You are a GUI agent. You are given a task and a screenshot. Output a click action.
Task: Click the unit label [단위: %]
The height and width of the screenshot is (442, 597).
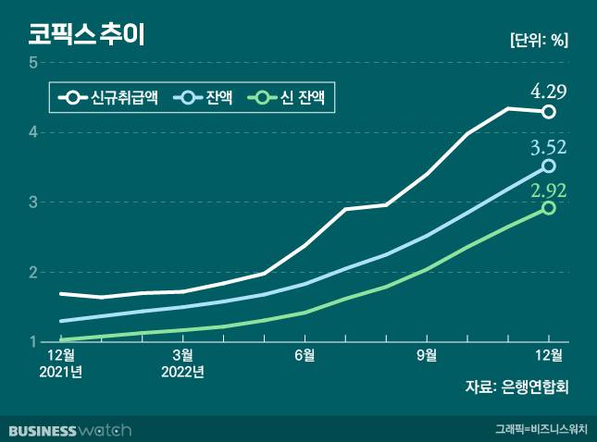click(539, 40)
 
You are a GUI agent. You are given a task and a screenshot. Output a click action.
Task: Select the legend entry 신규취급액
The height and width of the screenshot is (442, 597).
click(110, 96)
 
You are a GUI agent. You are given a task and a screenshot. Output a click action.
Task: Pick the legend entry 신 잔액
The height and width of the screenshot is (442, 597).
click(295, 96)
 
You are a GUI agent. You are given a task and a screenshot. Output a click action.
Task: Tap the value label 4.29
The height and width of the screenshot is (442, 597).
click(548, 91)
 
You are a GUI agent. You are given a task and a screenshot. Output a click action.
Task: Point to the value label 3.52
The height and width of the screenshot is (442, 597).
click(548, 147)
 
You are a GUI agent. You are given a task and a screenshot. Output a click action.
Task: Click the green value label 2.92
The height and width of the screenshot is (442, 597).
click(548, 190)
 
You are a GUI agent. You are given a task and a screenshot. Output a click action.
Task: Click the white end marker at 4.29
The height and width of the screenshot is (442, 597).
click(549, 112)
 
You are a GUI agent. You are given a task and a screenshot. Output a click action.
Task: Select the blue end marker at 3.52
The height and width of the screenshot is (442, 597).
click(549, 166)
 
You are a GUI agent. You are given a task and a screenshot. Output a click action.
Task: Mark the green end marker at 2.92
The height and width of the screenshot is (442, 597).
click(549, 208)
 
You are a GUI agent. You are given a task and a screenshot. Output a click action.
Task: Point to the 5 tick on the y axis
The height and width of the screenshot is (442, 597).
click(32, 63)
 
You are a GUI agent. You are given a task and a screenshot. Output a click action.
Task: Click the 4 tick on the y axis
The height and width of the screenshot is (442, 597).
click(32, 132)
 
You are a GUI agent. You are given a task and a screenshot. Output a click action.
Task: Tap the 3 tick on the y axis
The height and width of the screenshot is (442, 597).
click(32, 203)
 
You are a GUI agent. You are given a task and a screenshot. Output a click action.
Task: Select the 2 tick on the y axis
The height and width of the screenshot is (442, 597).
click(32, 273)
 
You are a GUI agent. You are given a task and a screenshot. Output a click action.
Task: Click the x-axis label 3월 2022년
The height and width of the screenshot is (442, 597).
click(182, 362)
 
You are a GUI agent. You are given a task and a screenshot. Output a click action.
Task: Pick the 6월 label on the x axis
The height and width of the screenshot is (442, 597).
click(305, 354)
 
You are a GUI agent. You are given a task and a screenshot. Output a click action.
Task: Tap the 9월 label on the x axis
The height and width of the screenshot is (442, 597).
click(427, 354)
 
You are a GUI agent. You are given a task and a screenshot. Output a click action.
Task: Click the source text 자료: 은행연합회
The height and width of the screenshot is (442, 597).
click(516, 387)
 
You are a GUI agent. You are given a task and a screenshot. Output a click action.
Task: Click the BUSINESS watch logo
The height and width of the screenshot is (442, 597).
click(70, 430)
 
